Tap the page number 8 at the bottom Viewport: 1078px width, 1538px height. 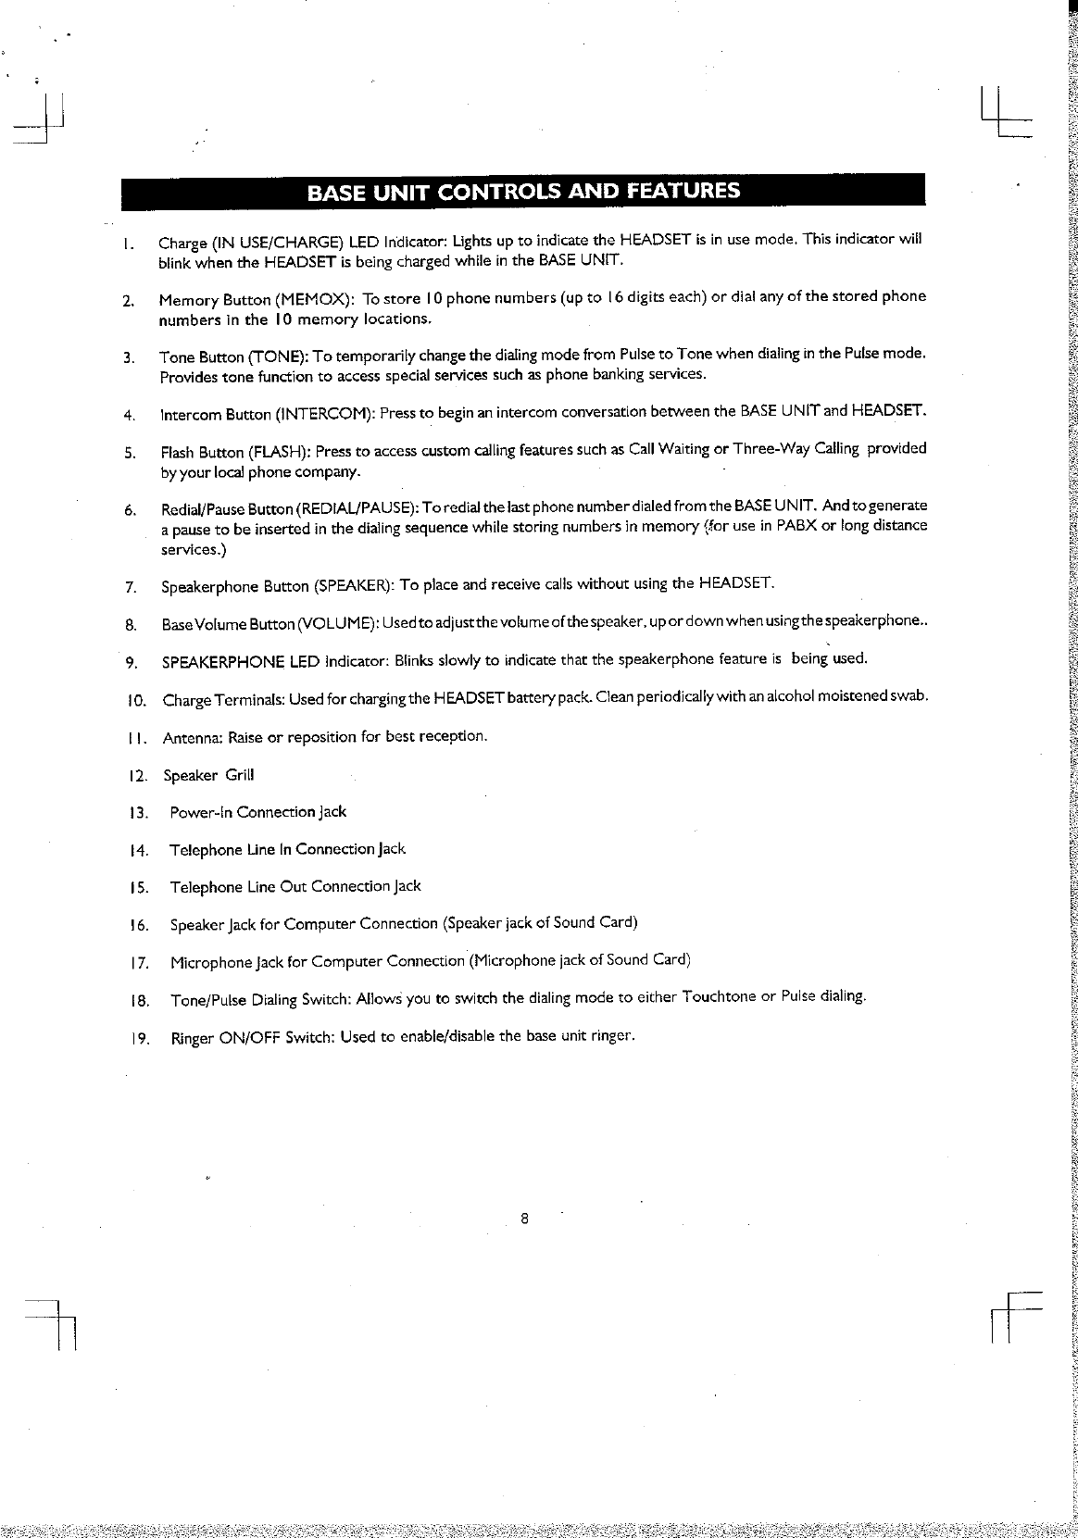524,1218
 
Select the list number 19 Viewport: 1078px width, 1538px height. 141,1038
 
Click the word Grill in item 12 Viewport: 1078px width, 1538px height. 239,775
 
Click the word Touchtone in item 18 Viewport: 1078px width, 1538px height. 719,997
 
